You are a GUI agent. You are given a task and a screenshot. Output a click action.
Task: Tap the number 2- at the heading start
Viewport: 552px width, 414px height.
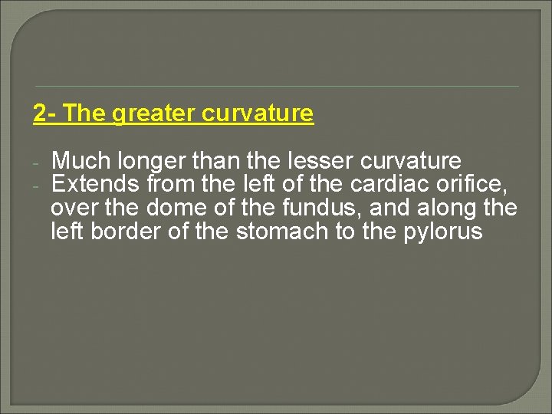[44, 113]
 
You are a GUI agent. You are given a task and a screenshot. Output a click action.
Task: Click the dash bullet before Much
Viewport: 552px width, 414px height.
[36, 163]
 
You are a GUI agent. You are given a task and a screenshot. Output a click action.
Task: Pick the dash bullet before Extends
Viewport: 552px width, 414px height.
[36, 185]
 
